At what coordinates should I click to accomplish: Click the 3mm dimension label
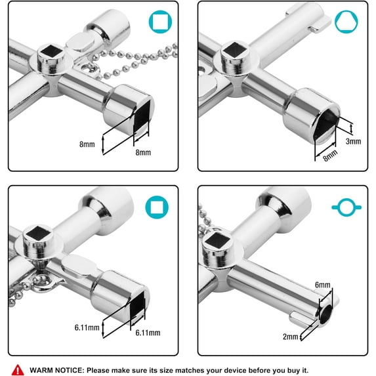point(354,140)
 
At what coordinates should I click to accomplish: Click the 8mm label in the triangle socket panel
point(330,155)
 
